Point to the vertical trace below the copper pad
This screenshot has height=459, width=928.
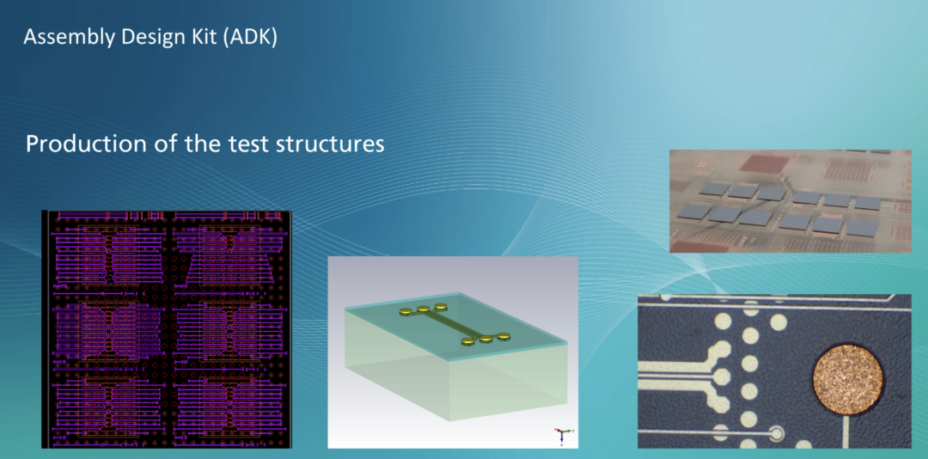click(x=847, y=431)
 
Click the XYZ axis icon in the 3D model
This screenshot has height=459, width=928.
click(x=562, y=434)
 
